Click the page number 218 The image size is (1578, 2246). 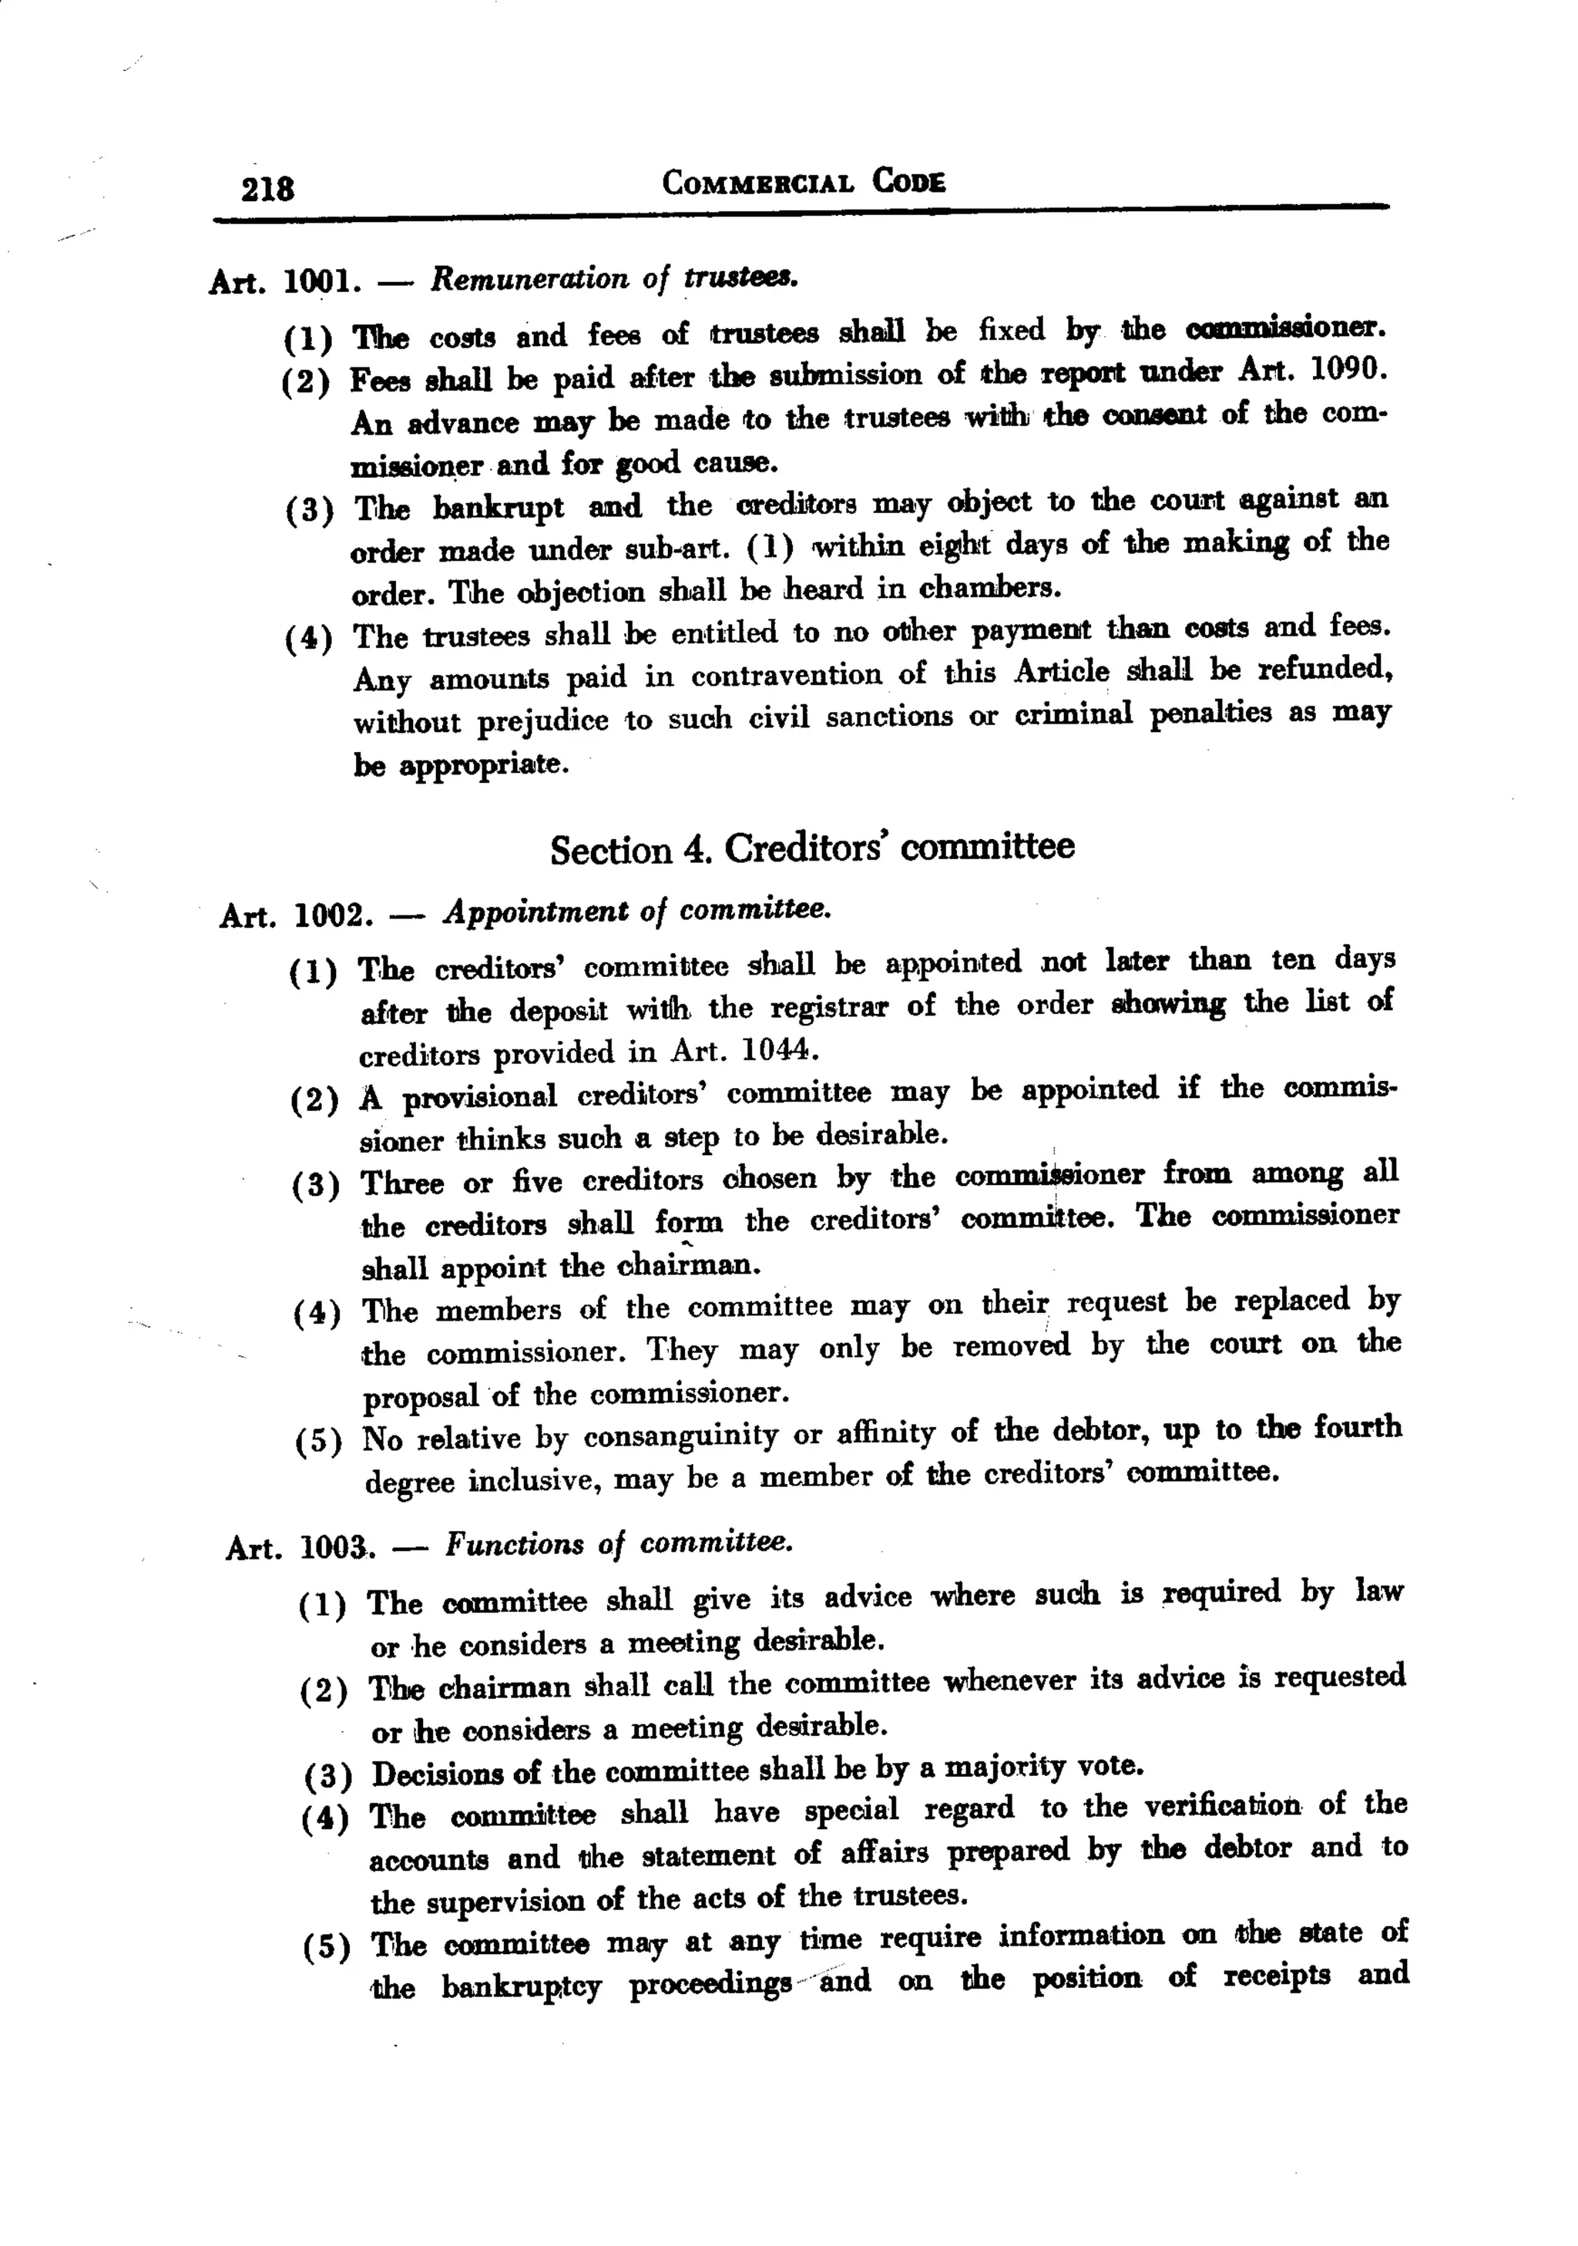267,186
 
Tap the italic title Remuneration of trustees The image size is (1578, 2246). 614,279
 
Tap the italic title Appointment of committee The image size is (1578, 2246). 637,911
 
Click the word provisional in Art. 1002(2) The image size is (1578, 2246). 479,1096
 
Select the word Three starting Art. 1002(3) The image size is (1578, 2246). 402,1183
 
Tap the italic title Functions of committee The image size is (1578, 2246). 618,1543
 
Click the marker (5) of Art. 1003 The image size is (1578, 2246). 326,1947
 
